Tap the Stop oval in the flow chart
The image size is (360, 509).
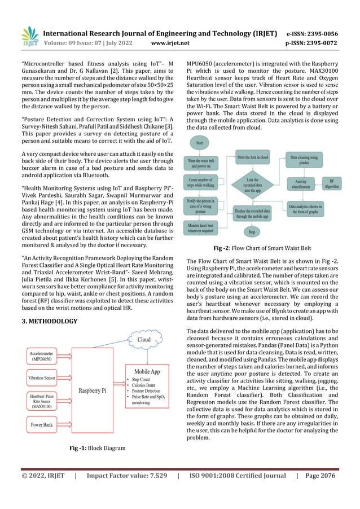252,231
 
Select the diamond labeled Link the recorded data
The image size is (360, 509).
252,184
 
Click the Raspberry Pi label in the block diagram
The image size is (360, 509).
94,390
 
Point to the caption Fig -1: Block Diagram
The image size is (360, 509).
96,448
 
